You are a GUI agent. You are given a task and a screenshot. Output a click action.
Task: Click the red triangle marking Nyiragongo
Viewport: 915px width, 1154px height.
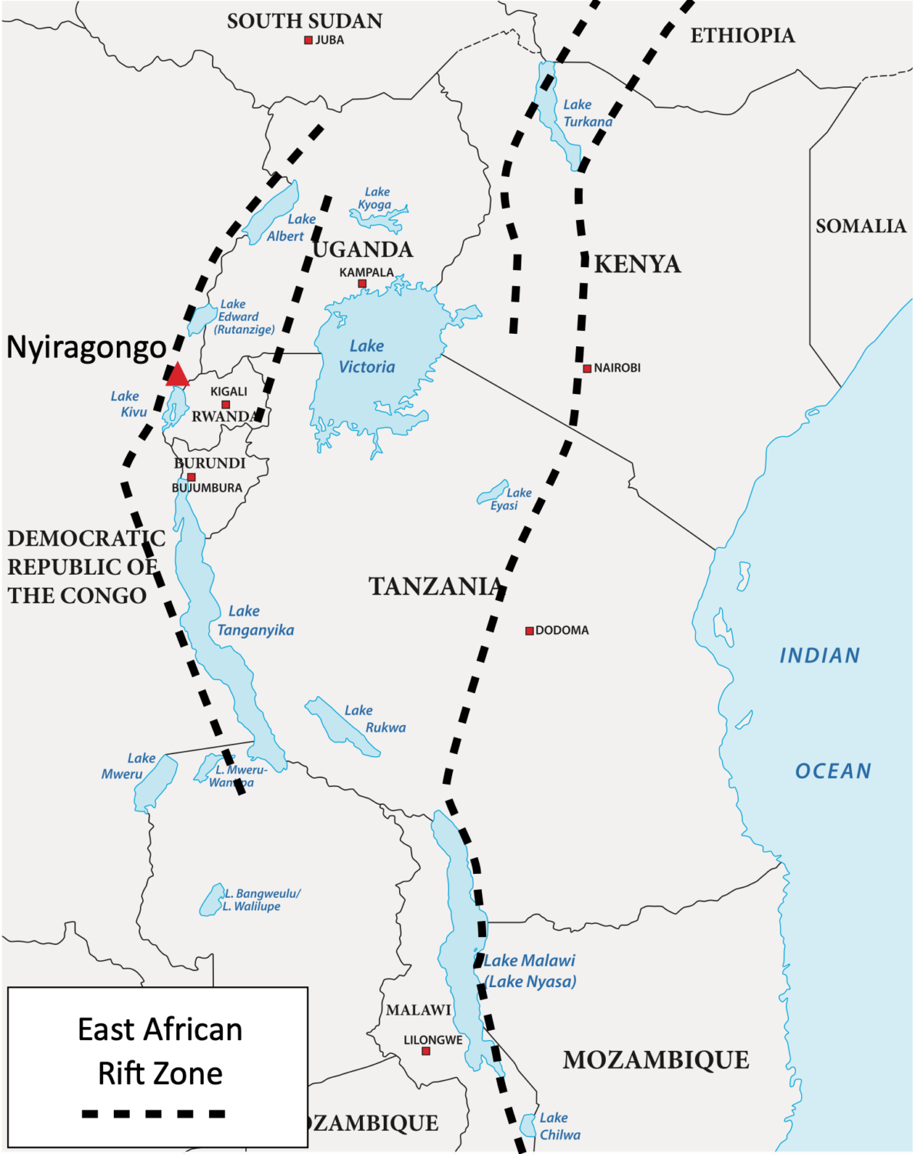coord(178,375)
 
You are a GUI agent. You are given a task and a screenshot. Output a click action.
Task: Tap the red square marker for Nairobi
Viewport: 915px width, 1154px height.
coord(587,369)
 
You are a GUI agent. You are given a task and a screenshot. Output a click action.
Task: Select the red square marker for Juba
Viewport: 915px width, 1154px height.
coord(308,40)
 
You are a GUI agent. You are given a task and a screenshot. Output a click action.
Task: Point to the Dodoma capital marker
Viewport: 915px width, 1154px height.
coord(529,631)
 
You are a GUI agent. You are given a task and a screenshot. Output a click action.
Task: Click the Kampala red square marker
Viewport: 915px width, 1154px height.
coord(362,284)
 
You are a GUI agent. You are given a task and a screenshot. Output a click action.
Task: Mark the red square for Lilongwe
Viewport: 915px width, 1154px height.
coord(426,1051)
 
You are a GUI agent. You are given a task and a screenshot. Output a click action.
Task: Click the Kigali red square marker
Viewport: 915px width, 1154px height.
coord(225,405)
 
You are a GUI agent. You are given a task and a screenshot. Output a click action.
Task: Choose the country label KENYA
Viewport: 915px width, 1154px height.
coord(637,265)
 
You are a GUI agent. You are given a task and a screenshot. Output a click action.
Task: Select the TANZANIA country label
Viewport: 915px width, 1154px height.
coord(435,587)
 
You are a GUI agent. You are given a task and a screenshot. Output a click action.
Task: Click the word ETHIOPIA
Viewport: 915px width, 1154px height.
coord(742,36)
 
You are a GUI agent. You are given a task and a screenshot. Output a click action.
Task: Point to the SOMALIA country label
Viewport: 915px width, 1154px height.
coord(860,226)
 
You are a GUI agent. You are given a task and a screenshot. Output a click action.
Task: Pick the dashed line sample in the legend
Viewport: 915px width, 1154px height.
coord(154,1113)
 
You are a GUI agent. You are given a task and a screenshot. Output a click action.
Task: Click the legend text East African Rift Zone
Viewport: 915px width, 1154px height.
coord(160,1051)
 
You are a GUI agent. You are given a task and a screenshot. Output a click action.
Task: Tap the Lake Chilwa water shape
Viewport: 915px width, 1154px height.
coord(528,1126)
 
